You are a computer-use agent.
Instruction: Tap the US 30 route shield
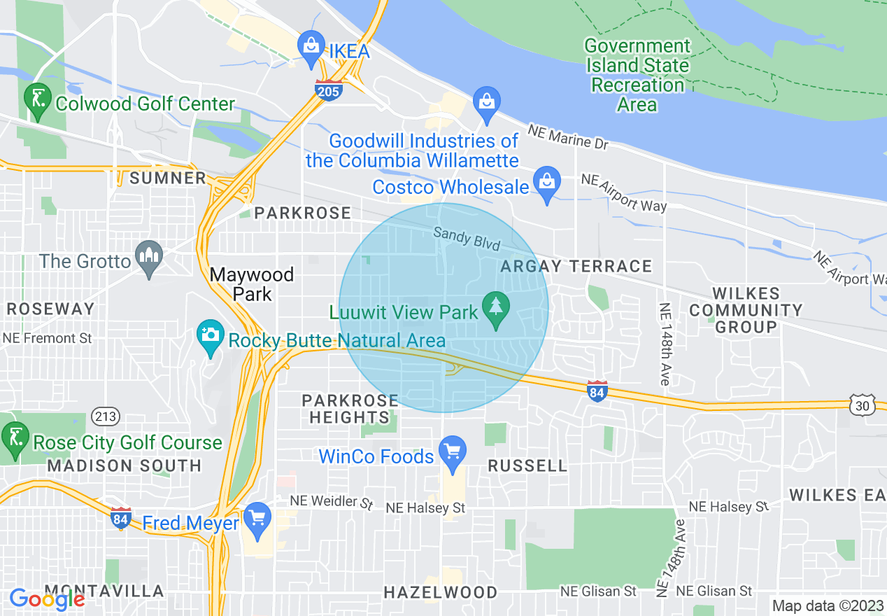[x=861, y=405]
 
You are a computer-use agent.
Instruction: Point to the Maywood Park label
[x=252, y=283]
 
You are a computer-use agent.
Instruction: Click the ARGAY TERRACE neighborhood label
[x=577, y=266]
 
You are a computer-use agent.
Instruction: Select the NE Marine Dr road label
[x=568, y=137]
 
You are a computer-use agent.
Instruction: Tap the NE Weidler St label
[x=332, y=503]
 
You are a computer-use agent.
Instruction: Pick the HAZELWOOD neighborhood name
[x=441, y=592]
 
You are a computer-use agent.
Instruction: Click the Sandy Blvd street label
[x=467, y=239]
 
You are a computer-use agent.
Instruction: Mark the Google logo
[x=47, y=598]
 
